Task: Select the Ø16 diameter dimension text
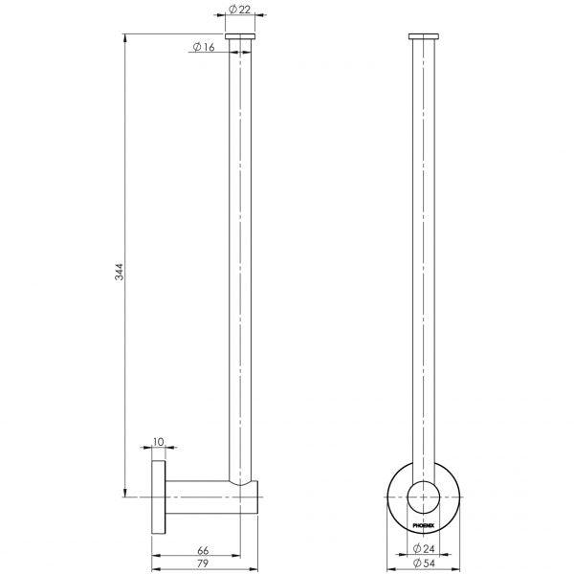(201, 47)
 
